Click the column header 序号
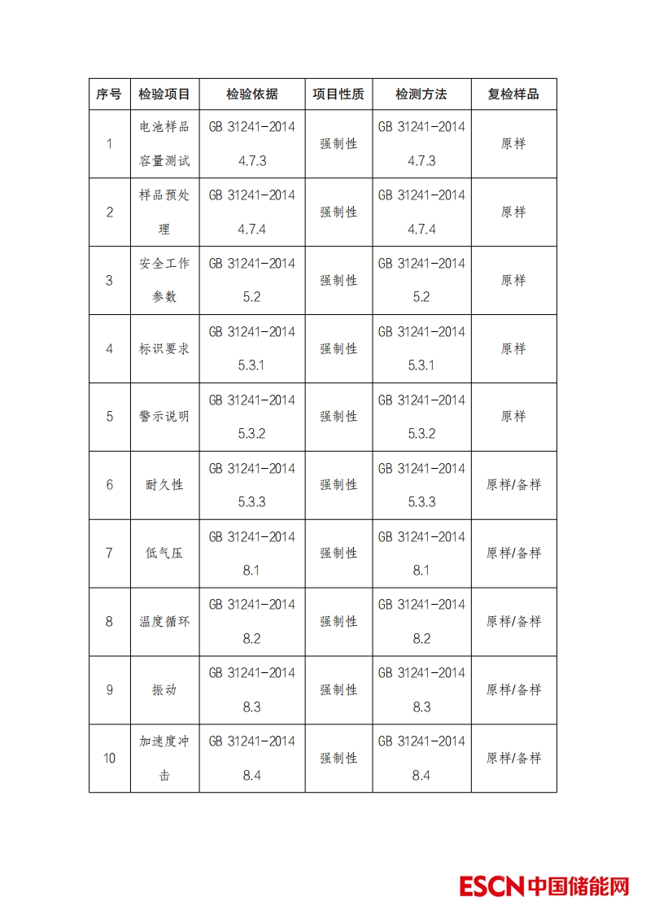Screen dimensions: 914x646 (109, 94)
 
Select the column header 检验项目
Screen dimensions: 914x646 (164, 94)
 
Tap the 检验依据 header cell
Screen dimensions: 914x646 (252, 94)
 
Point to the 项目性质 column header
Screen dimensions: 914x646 (338, 94)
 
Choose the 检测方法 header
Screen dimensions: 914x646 (421, 94)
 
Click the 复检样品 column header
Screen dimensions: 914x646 (513, 94)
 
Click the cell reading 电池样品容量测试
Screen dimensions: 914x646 (164, 144)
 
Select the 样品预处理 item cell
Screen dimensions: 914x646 (164, 212)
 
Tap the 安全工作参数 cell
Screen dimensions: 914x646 (164, 281)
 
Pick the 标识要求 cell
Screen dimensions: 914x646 (164, 349)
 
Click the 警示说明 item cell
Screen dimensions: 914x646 (164, 417)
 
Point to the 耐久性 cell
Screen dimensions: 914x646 (164, 485)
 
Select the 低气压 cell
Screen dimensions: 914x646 (164, 553)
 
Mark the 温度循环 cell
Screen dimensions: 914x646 (164, 622)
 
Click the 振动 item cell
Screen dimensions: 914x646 (164, 690)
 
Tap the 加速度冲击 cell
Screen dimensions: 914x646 (164, 759)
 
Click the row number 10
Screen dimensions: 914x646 (109, 759)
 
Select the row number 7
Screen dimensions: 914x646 (109, 553)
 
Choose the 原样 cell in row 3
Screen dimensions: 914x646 (513, 281)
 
